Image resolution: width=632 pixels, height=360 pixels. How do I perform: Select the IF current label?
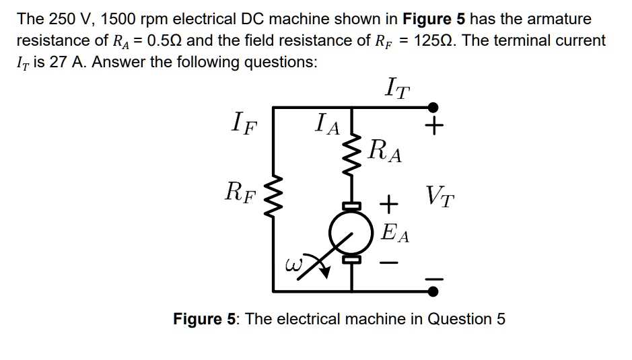[242, 123]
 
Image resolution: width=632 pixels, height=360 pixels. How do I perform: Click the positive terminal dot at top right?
[434, 107]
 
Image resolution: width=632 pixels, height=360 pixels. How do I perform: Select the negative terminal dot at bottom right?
[434, 291]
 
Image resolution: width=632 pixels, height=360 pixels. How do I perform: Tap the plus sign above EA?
[388, 202]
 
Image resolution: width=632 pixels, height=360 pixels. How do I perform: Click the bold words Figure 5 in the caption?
[206, 318]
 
